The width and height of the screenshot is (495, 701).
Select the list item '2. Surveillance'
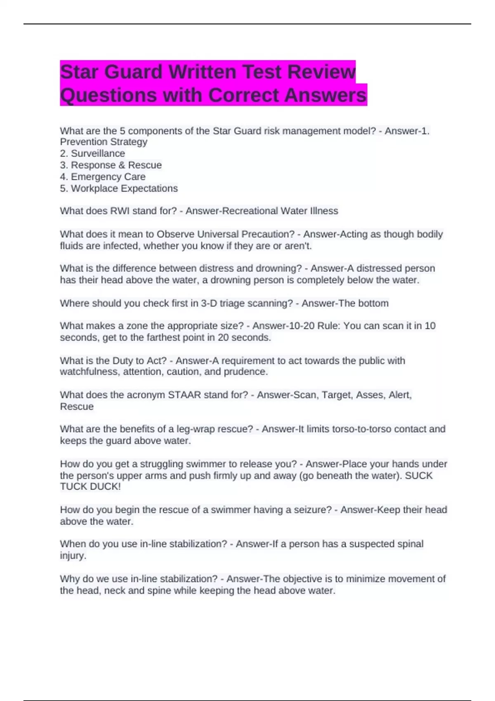coord(92,153)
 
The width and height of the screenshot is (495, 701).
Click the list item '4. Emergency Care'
coord(103,176)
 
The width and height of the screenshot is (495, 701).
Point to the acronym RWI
coord(120,211)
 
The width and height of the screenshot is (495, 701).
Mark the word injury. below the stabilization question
coord(73,555)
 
